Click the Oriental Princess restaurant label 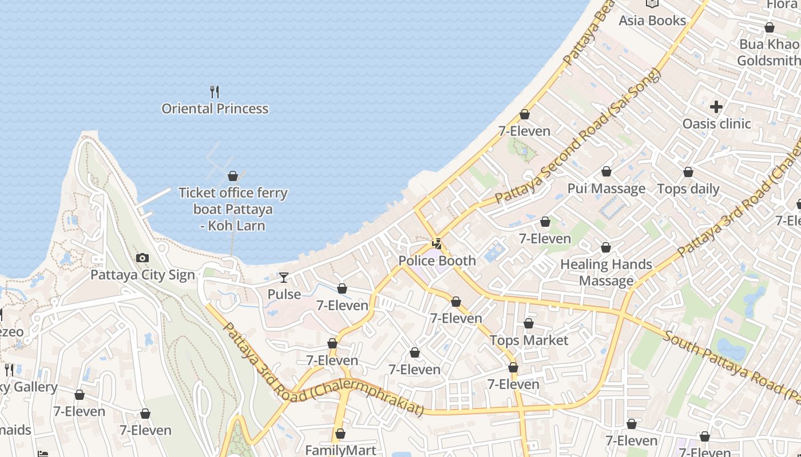click(x=215, y=109)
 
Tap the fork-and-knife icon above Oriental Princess click(x=215, y=91)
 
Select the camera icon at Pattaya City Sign click(x=142, y=258)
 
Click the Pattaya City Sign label click(x=142, y=275)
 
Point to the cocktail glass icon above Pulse click(x=284, y=278)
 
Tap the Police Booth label click(x=437, y=260)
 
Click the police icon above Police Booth click(x=437, y=244)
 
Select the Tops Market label click(x=529, y=340)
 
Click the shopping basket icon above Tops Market click(x=529, y=324)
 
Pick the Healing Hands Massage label click(x=606, y=272)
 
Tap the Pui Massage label click(x=606, y=189)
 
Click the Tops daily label click(x=688, y=189)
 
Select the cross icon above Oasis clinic click(x=716, y=107)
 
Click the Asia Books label click(x=652, y=21)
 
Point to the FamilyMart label click(x=340, y=450)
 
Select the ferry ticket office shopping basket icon click(x=233, y=176)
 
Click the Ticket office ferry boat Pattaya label click(x=233, y=209)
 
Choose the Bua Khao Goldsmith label click(x=768, y=53)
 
